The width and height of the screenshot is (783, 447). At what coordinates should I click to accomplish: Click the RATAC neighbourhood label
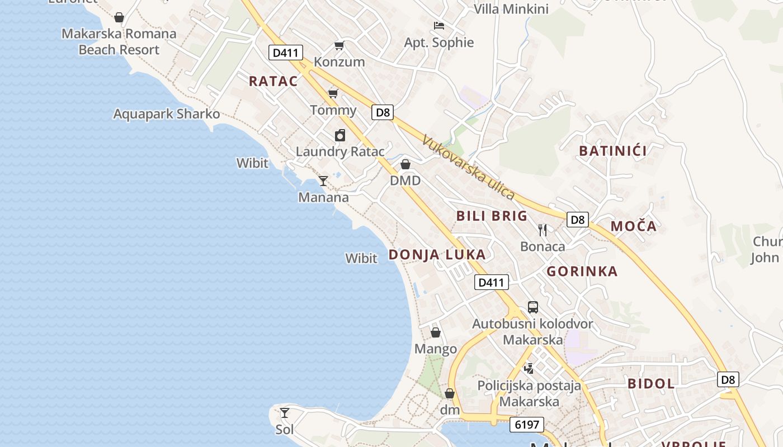tap(273, 81)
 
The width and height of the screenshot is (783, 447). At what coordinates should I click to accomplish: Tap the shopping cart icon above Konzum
tap(339, 45)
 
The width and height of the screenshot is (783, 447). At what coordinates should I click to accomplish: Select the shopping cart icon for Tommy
tap(333, 93)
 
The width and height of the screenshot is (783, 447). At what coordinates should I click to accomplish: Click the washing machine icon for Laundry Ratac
tap(340, 135)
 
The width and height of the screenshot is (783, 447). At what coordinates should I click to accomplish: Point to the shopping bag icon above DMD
tap(405, 164)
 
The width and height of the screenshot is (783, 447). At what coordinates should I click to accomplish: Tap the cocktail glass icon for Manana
tap(323, 181)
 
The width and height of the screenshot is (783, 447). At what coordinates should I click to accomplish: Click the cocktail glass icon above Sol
tap(285, 413)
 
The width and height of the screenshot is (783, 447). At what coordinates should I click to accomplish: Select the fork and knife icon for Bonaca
tap(543, 230)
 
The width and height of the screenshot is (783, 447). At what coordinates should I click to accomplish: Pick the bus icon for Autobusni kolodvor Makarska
tap(533, 307)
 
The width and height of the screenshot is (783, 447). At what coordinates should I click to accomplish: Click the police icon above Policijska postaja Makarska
tap(529, 368)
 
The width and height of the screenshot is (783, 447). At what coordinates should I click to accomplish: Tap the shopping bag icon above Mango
tap(436, 333)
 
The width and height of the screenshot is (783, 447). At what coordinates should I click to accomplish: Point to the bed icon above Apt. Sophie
tap(439, 26)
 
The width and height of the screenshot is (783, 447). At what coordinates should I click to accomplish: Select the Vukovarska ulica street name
tap(468, 167)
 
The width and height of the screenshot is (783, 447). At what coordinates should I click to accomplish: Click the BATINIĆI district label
tap(613, 151)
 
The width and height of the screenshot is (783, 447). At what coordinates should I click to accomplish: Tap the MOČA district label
tap(633, 226)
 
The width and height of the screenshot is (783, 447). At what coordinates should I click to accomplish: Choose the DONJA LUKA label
tap(437, 255)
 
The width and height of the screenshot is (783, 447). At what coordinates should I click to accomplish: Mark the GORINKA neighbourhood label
tap(582, 272)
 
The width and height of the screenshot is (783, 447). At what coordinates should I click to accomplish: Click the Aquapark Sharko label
tap(167, 114)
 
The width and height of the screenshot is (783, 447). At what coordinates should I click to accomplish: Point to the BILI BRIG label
tap(492, 216)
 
